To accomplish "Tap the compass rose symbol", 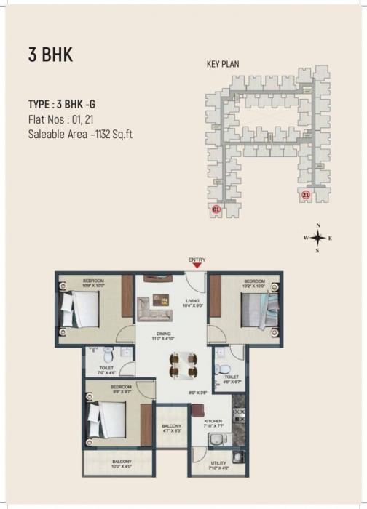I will point(317,238).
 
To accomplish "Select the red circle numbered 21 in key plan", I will point(305,195).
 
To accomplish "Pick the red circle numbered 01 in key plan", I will point(216,209).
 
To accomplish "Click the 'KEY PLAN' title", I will point(223,64).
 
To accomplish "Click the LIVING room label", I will point(192,300).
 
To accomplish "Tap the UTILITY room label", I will point(218,463).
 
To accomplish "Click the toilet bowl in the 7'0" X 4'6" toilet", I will point(108,356).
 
